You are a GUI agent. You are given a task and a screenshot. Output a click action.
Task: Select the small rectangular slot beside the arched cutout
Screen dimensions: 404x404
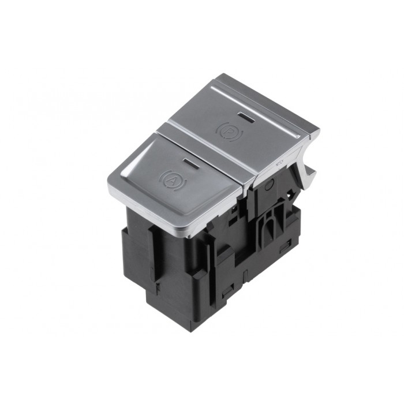click(x=284, y=248)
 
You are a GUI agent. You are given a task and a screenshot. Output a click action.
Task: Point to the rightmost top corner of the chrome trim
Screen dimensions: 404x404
click(x=319, y=132)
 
